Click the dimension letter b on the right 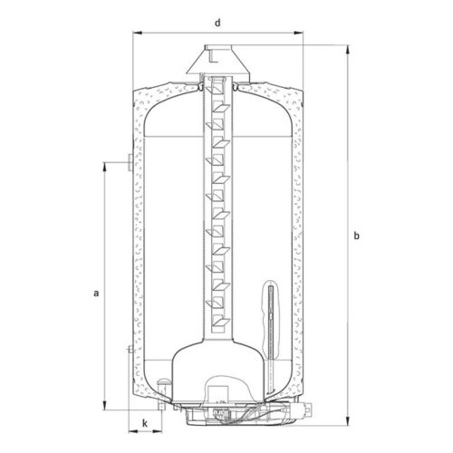359,236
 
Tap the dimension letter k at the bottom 142,423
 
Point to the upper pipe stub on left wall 130,164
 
